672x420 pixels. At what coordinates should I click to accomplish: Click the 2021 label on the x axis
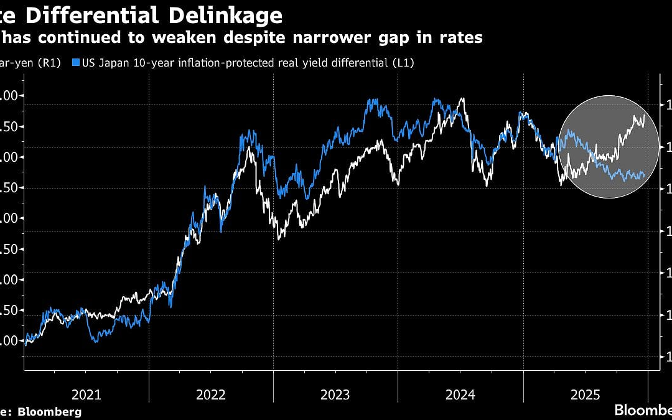click(x=86, y=394)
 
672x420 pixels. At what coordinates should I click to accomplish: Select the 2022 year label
click(x=211, y=394)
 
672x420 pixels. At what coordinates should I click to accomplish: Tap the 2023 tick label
click(x=335, y=394)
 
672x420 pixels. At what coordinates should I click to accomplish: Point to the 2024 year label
click(x=460, y=394)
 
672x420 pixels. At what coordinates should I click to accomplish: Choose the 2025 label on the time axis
click(x=585, y=394)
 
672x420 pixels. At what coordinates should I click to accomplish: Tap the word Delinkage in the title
click(x=226, y=14)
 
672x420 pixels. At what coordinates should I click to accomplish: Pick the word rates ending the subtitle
click(x=460, y=38)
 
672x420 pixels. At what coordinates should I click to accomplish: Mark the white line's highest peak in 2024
click(x=462, y=99)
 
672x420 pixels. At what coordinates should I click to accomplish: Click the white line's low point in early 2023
click(x=279, y=238)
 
